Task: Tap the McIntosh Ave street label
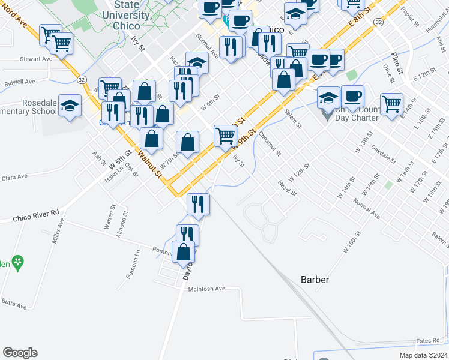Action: click(206, 289)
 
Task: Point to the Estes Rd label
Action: click(427, 341)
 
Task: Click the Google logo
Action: click(20, 353)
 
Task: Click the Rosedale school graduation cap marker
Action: click(70, 106)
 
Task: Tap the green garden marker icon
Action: click(19, 262)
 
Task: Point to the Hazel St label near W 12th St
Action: click(287, 188)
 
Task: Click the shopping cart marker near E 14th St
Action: click(392, 103)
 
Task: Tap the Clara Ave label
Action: click(14, 178)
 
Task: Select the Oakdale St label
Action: click(384, 154)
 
